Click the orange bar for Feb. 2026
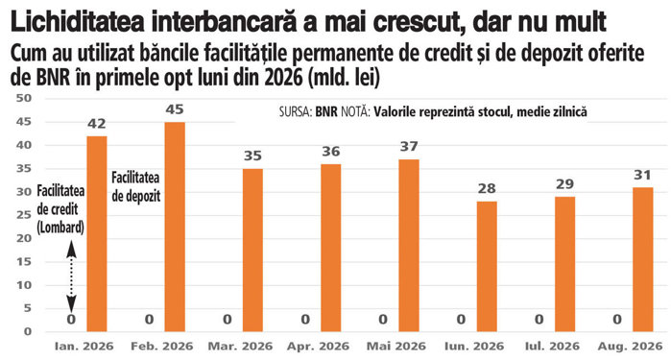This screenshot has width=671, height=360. (175, 227)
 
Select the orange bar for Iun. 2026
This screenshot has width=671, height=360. (487, 266)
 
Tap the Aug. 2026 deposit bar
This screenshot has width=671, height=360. (643, 259)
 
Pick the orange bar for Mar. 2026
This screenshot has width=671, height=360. (252, 250)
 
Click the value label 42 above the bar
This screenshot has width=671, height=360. (97, 124)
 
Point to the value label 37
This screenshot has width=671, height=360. (409, 147)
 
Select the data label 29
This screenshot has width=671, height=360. (564, 184)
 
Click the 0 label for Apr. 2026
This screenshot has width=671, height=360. (305, 320)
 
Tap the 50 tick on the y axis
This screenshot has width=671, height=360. (24, 98)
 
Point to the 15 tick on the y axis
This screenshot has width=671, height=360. (24, 261)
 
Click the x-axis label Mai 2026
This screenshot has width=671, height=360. (396, 346)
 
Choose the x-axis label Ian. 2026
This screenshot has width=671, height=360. (84, 346)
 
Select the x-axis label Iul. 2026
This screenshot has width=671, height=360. (552, 346)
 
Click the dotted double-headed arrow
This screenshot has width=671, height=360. (71, 276)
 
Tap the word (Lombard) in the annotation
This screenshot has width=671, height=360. (60, 228)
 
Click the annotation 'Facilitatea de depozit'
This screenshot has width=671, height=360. (135, 187)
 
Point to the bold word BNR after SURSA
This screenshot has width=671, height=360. (326, 111)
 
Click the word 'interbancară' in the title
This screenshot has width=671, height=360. (223, 22)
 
